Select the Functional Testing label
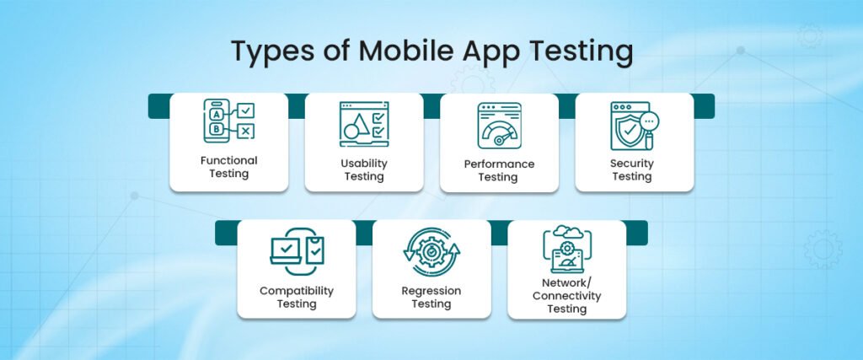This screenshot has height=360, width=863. pyautogui.click(x=228, y=167)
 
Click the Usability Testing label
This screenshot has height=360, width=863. pyautogui.click(x=363, y=169)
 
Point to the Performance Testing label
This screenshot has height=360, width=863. pyautogui.click(x=499, y=170)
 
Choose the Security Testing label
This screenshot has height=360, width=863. pyautogui.click(x=632, y=169)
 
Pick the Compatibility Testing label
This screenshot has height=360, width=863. pyautogui.click(x=296, y=297)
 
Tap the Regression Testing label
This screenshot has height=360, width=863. pyautogui.click(x=431, y=297)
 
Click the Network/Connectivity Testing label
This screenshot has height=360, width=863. pyautogui.click(x=566, y=296)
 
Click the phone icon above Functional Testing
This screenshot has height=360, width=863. pyautogui.click(x=217, y=121)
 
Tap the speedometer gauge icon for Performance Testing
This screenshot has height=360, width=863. pyautogui.click(x=499, y=126)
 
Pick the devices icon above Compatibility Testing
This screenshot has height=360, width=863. pyautogui.click(x=296, y=251)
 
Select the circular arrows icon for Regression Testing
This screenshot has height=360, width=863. pyautogui.click(x=431, y=250)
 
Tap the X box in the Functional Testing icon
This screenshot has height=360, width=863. pyautogui.click(x=244, y=131)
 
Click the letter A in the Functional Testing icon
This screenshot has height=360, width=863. pyautogui.click(x=217, y=113)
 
